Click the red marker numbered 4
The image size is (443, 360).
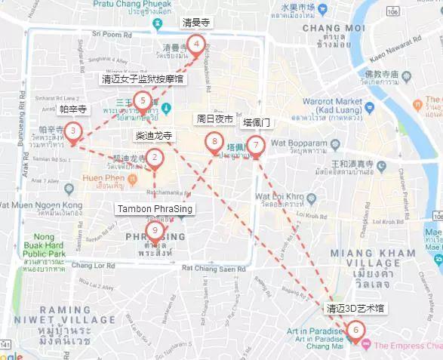click(x=196, y=45)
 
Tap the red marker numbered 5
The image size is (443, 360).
click(x=142, y=100)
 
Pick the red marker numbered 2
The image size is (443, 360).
click(x=155, y=157)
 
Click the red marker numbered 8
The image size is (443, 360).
click(x=215, y=141)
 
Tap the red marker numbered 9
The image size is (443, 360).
click(x=155, y=230)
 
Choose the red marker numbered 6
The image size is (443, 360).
click(x=355, y=329)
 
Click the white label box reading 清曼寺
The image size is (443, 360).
click(x=196, y=23)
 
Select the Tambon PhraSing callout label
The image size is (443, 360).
click(x=155, y=208)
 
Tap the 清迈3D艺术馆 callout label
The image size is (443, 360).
click(x=355, y=308)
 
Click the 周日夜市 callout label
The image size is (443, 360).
click(x=214, y=119)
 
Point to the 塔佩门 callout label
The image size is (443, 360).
click(x=256, y=122)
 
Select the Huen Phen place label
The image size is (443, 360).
click(x=103, y=177)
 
